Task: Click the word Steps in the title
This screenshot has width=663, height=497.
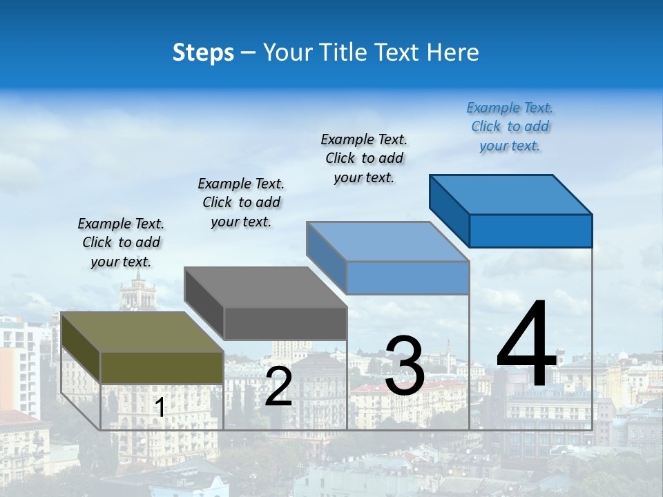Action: (x=202, y=52)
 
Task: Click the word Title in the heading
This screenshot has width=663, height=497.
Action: (x=346, y=52)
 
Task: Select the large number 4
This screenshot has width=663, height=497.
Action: (x=526, y=345)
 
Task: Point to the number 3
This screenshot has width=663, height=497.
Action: (x=405, y=366)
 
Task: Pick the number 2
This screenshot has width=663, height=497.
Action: (x=278, y=387)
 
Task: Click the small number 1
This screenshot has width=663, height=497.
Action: (x=160, y=408)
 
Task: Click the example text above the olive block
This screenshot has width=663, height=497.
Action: (x=121, y=242)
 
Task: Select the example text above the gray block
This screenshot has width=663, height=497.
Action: (x=241, y=202)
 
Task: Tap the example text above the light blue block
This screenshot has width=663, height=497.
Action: (x=364, y=158)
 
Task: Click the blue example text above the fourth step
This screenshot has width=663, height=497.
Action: (x=510, y=126)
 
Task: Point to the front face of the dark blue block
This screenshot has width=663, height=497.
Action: (x=530, y=231)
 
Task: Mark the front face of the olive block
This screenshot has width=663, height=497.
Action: (x=162, y=367)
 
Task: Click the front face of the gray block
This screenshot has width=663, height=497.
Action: (x=285, y=323)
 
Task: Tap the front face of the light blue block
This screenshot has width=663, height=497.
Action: (x=407, y=277)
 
